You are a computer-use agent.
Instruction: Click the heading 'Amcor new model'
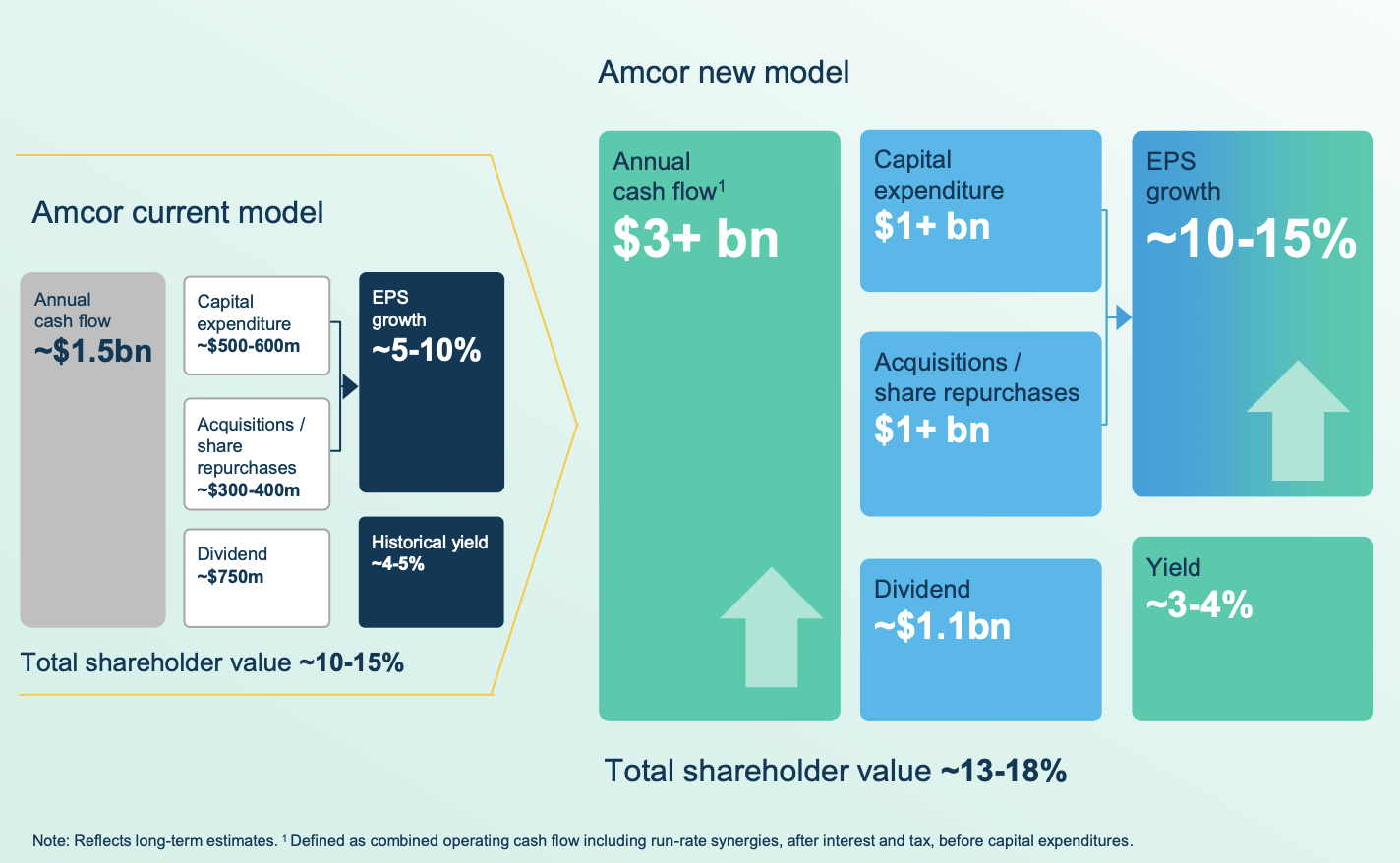pyautogui.click(x=724, y=72)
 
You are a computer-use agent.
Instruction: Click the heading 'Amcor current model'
pyautogui.click(x=177, y=212)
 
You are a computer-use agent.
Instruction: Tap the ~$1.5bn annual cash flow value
pyautogui.click(x=93, y=351)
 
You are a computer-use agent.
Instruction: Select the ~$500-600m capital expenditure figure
pyautogui.click(x=249, y=346)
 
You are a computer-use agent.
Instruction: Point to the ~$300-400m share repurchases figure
pyautogui.click(x=249, y=489)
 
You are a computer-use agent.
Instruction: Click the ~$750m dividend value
pyautogui.click(x=230, y=577)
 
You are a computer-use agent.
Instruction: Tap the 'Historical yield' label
pyautogui.click(x=430, y=542)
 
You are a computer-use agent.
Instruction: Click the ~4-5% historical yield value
pyautogui.click(x=398, y=564)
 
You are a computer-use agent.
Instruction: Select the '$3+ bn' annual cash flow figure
pyautogui.click(x=696, y=239)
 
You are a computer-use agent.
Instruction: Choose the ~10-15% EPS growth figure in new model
pyautogui.click(x=1252, y=239)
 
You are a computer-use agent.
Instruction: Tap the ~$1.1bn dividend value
pyautogui.click(x=942, y=626)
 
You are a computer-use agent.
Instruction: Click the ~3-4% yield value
pyautogui.click(x=1199, y=604)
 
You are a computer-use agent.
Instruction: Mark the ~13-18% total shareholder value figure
pyautogui.click(x=1004, y=771)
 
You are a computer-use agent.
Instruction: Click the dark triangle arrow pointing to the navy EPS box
pyautogui.click(x=350, y=386)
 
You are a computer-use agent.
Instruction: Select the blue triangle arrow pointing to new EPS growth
pyautogui.click(x=1123, y=317)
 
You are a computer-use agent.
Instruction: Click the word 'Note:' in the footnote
pyautogui.click(x=51, y=841)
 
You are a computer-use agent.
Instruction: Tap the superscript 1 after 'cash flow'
pyautogui.click(x=722, y=186)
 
